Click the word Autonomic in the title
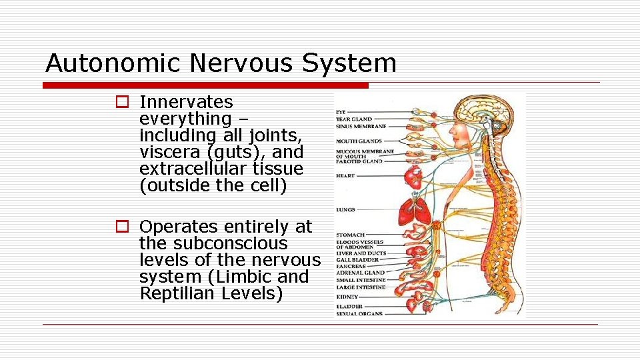tap(113, 63)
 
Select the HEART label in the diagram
tap(345, 176)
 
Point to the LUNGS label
tap(345, 209)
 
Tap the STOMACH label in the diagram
tap(351, 235)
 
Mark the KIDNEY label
tap(347, 297)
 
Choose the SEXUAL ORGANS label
tap(359, 313)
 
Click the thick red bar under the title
tap(205, 85)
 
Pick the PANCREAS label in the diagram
tap(351, 266)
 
